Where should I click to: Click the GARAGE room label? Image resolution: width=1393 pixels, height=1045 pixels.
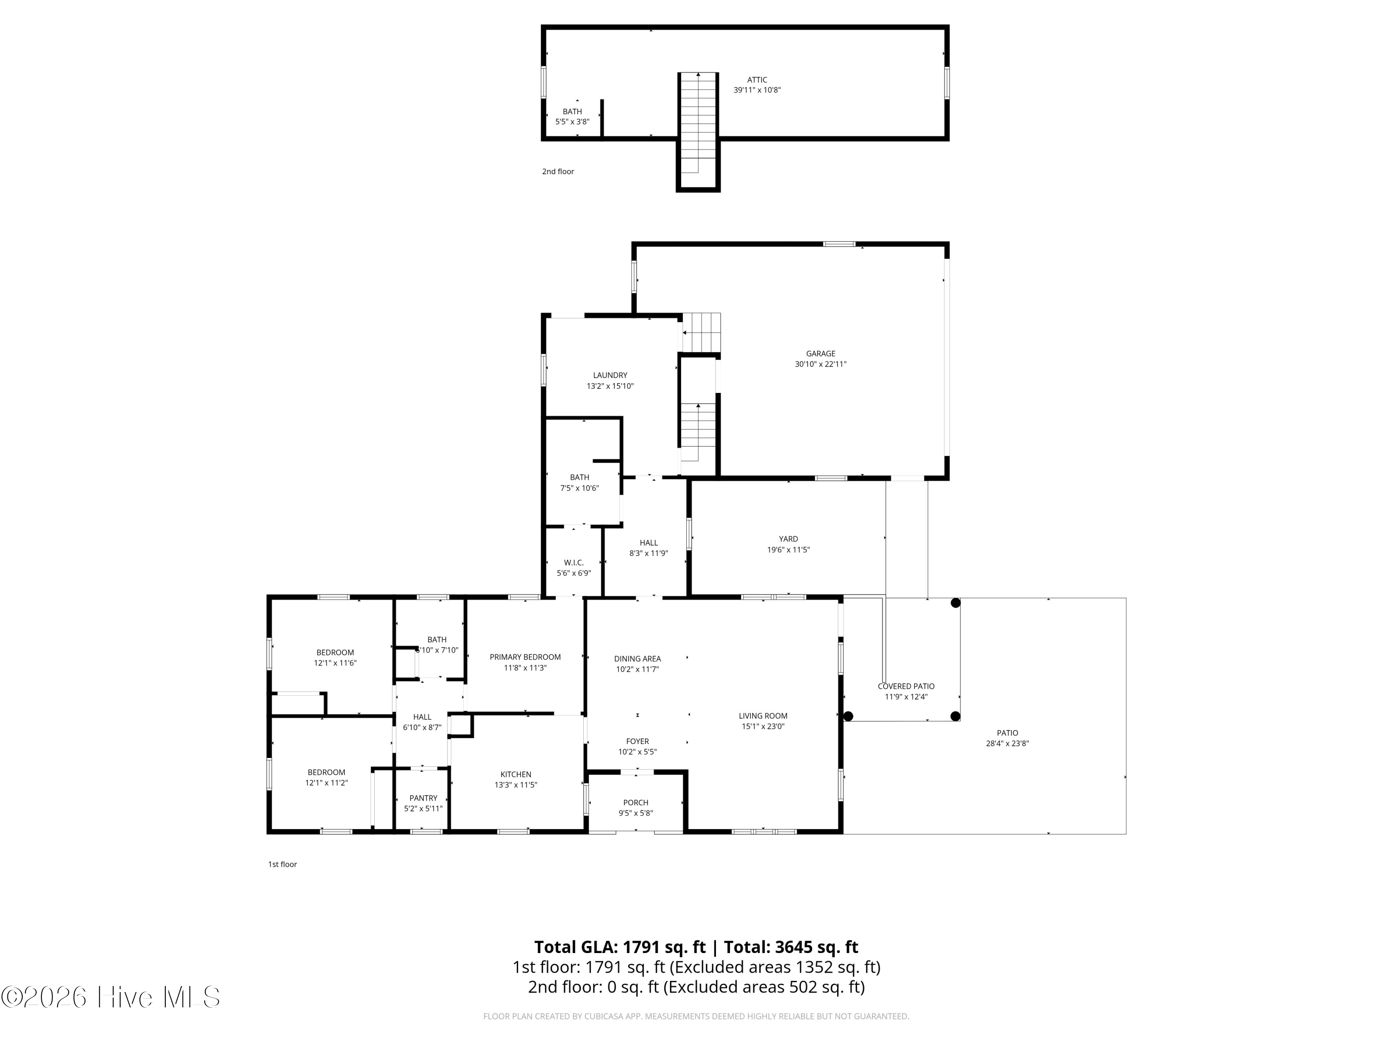click(820, 353)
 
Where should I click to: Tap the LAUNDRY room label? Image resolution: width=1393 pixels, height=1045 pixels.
click(610, 375)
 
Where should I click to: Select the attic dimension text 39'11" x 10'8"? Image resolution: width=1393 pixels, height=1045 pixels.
click(756, 90)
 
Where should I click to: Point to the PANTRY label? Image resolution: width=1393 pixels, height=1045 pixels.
click(423, 798)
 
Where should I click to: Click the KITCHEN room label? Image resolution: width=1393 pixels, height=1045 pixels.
click(516, 775)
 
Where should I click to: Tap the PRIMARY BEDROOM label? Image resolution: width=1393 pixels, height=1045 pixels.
click(525, 657)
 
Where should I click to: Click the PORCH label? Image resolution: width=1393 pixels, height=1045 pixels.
click(635, 803)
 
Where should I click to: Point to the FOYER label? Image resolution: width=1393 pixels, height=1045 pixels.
click(638, 741)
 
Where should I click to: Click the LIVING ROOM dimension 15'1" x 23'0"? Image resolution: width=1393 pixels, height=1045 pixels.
click(762, 726)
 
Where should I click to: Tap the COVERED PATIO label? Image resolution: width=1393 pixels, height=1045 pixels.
click(905, 686)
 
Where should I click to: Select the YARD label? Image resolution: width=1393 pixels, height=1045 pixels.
click(788, 539)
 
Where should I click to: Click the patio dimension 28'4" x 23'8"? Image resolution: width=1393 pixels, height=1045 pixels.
click(1007, 743)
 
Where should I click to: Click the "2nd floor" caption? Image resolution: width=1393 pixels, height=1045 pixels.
click(558, 171)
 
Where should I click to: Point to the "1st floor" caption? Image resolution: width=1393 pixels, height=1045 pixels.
click(282, 864)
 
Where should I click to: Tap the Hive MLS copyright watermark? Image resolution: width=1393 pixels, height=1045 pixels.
click(111, 998)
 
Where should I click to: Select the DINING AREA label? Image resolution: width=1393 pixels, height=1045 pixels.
click(638, 659)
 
